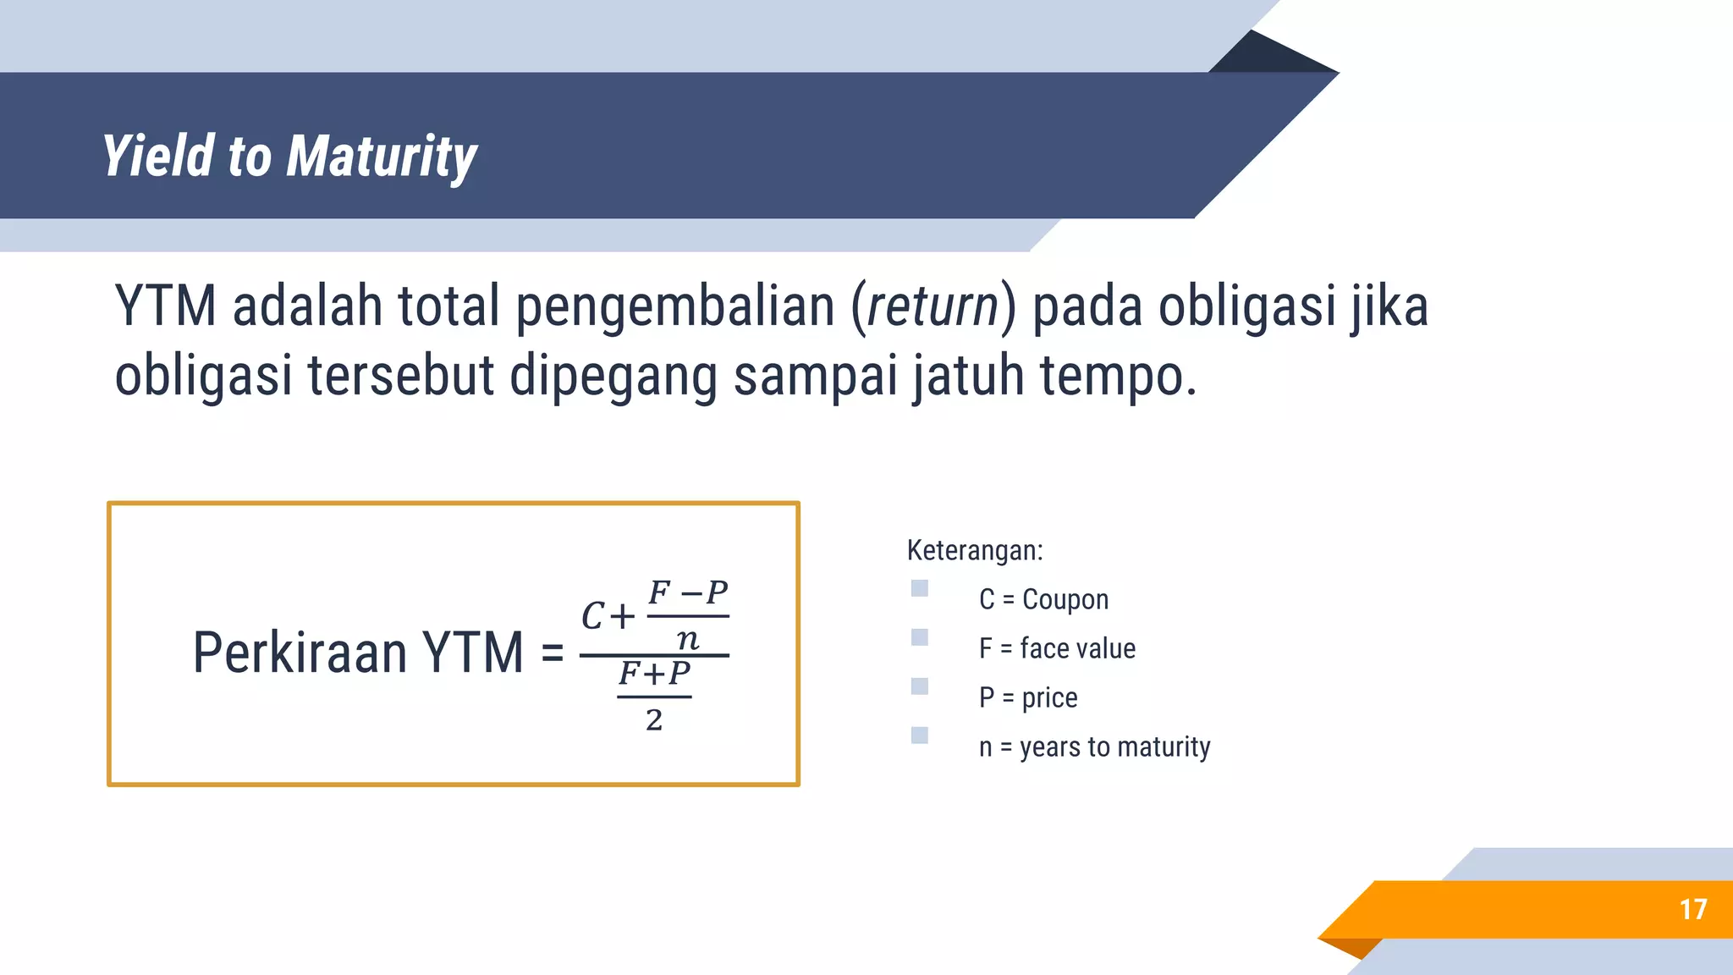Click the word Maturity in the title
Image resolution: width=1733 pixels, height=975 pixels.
(382, 157)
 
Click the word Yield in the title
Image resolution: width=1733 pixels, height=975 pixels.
(158, 156)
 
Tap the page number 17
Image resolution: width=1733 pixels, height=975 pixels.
(1692, 909)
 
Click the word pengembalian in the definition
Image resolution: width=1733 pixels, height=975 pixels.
(674, 306)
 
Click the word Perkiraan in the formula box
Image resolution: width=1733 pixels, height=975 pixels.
(300, 653)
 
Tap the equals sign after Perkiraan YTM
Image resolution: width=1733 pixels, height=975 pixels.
(552, 653)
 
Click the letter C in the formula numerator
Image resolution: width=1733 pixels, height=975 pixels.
(592, 616)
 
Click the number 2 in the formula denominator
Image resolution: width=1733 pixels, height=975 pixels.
(653, 720)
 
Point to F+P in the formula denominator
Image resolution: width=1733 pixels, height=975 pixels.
(654, 674)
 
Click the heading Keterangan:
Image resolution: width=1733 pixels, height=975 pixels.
(975, 550)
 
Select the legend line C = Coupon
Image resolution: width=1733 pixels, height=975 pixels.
(1043, 599)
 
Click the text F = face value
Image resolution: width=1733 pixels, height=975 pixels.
(1057, 648)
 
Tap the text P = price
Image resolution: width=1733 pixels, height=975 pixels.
(1027, 697)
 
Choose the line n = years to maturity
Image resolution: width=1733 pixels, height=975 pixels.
(1094, 746)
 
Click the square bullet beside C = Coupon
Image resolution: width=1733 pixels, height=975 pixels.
(920, 588)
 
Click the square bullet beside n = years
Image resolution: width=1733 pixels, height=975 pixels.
(920, 735)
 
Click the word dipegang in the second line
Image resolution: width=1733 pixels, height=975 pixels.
(613, 376)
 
